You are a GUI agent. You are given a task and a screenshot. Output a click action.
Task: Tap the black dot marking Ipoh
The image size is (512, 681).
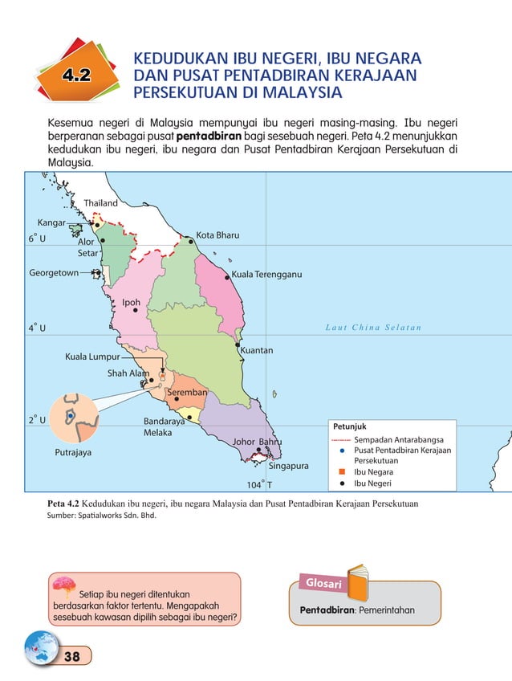(x=136, y=310)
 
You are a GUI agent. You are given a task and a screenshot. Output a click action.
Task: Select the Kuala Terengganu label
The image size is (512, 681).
(x=266, y=275)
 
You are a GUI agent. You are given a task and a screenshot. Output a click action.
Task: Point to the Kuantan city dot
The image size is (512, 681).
(x=238, y=345)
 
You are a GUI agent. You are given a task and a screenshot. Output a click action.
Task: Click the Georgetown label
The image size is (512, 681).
(x=54, y=273)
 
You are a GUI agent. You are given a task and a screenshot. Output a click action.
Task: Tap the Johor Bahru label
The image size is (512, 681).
(x=258, y=442)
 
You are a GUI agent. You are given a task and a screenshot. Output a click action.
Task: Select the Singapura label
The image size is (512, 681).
(x=289, y=466)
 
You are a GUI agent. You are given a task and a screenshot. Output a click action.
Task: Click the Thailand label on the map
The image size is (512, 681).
(x=101, y=203)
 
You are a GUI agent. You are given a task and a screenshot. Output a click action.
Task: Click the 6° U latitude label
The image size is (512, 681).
(x=37, y=239)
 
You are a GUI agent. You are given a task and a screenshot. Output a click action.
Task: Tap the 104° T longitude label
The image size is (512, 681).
(x=259, y=485)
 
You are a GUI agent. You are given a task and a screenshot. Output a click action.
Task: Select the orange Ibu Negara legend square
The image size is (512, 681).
(x=342, y=472)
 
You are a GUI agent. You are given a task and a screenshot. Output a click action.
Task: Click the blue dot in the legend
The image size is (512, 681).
(x=342, y=451)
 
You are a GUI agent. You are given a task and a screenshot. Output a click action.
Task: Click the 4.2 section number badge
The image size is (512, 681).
(x=75, y=75)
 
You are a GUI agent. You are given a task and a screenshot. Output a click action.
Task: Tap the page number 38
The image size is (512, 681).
(x=71, y=657)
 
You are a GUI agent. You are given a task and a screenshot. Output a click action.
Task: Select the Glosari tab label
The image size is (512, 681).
(x=324, y=583)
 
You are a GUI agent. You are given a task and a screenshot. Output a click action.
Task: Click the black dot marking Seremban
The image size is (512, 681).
(x=177, y=398)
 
